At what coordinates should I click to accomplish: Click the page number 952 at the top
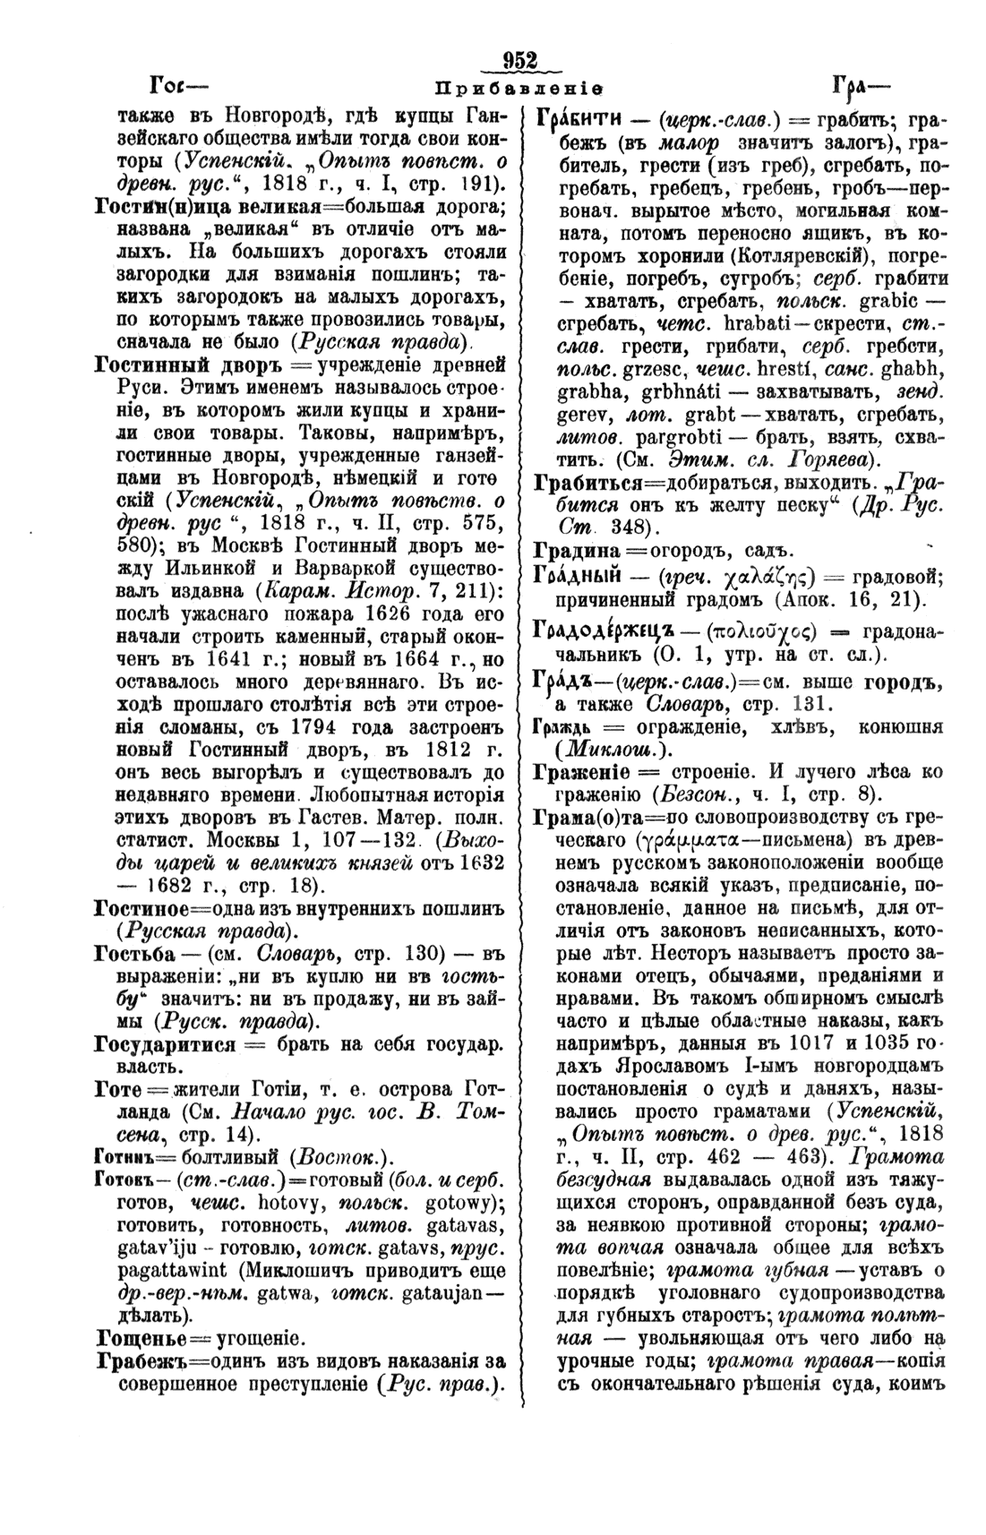519,61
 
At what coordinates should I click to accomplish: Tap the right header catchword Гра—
861,87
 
